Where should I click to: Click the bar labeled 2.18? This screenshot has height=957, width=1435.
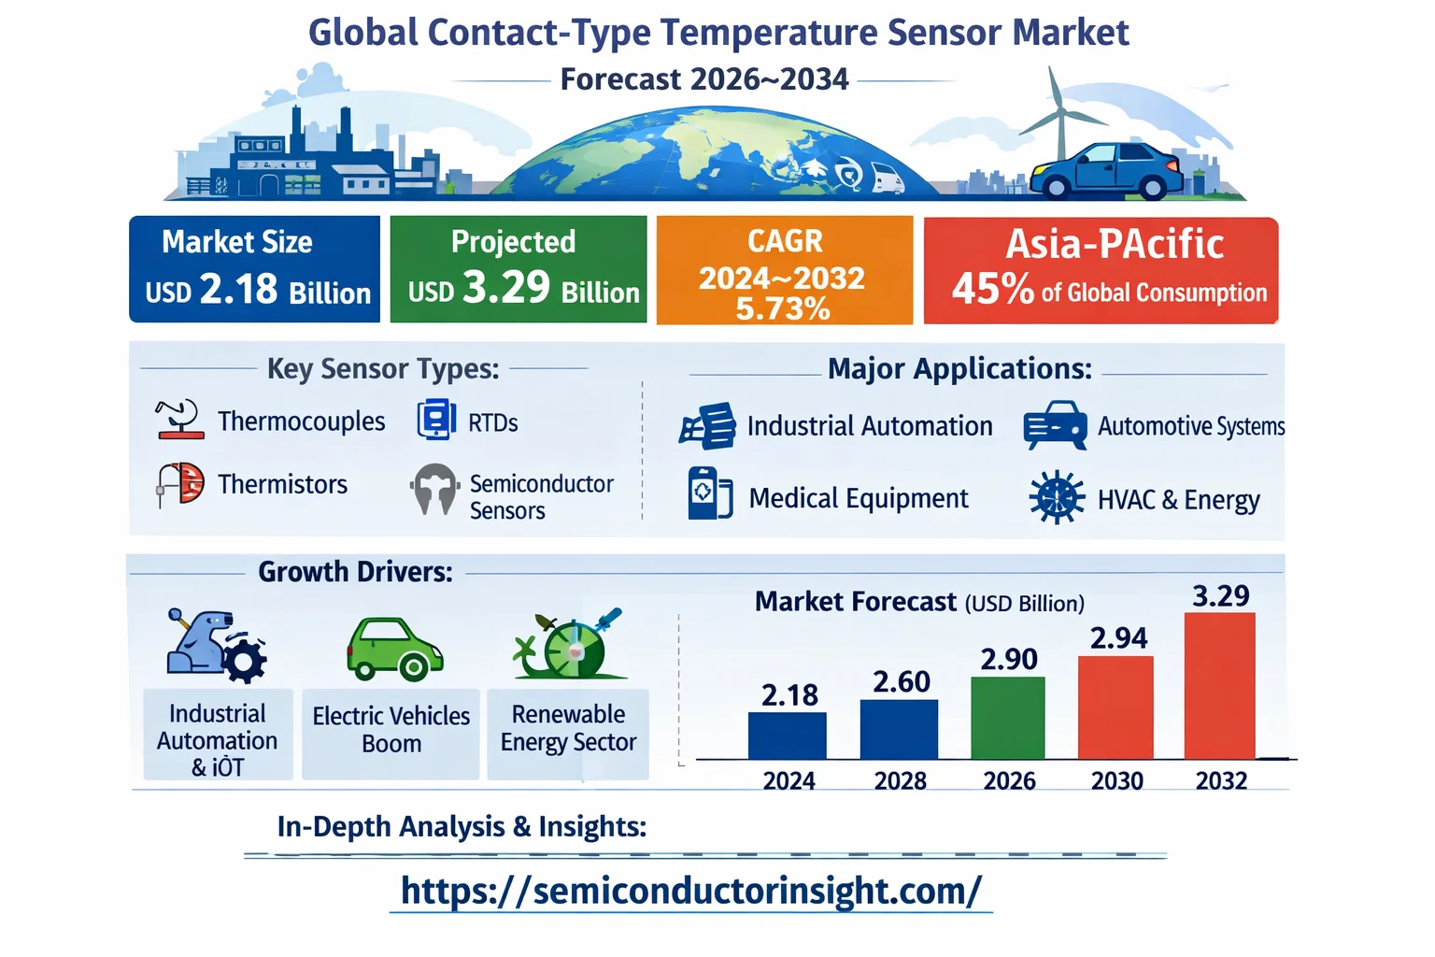787,736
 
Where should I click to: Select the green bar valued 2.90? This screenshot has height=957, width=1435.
1007,718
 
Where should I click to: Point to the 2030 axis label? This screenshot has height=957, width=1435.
1116,780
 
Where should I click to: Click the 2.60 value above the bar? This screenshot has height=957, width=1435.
901,681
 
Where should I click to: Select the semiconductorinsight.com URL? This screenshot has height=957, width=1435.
690,891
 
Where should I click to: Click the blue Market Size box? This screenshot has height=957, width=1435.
255,269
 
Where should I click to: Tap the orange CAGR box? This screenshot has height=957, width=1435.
784,270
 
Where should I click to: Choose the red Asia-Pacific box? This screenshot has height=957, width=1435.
1101,270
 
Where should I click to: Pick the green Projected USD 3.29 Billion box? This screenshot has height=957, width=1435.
519,269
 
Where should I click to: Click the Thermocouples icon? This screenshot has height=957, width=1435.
179,420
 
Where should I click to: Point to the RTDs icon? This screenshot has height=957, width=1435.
436,420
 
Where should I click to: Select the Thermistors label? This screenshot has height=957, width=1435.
282,484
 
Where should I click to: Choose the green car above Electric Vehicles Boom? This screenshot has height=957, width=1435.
394,649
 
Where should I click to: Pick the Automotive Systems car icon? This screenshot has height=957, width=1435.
1055,425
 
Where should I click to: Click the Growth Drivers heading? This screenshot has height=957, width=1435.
355,572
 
